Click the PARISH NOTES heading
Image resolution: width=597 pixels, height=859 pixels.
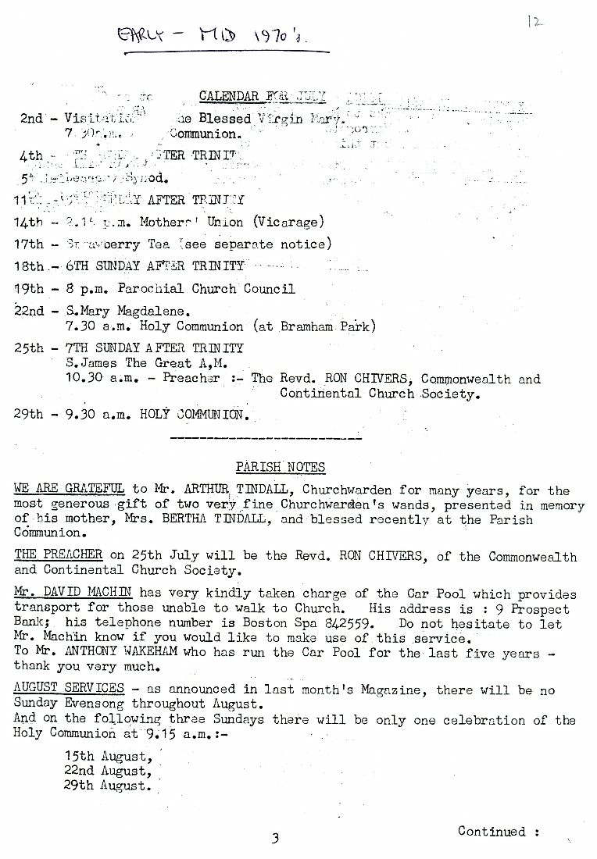281,467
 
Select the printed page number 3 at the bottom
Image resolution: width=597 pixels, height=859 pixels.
275,839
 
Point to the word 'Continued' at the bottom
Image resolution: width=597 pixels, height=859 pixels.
492,832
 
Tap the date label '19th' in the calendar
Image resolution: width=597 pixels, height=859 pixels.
29,289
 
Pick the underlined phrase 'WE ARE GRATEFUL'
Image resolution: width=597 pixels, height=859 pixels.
69,490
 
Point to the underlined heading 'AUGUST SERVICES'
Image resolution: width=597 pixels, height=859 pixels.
69,688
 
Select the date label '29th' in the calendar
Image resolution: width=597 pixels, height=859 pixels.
29,414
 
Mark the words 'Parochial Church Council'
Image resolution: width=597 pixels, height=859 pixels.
206,289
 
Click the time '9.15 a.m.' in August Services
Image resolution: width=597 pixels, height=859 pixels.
174,734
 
